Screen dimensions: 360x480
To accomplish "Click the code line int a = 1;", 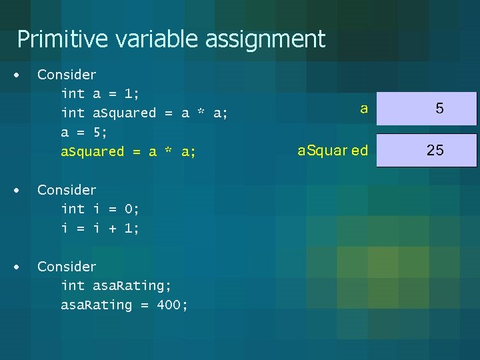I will coord(99,94).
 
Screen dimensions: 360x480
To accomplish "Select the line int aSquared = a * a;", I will coord(144,113).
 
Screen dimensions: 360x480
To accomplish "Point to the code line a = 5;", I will coord(84,132).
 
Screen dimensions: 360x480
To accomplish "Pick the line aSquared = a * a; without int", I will coord(128,151).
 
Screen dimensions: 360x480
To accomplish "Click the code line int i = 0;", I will coord(100,209).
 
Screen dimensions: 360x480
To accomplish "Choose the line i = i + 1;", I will coord(100,228).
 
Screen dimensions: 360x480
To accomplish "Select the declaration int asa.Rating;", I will coord(116,286).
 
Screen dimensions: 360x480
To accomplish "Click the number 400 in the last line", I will coord(172,305).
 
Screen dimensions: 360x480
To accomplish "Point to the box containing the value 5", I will coord(427,109).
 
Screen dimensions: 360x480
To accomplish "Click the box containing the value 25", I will coord(427,150).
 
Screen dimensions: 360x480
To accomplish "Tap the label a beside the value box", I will coord(363,108).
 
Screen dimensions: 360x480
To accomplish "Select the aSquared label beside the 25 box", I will coord(333,151).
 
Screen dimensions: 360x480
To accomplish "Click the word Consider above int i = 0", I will coord(67,190).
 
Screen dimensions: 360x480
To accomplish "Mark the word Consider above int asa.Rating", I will coord(67,267).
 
